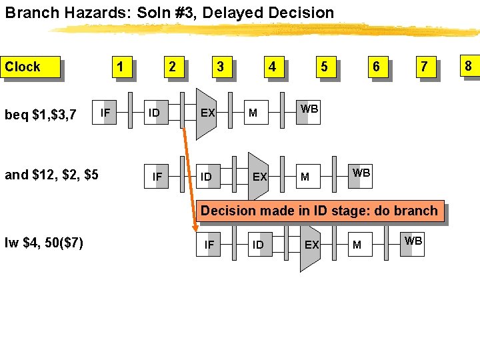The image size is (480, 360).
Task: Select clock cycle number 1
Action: [x=120, y=67]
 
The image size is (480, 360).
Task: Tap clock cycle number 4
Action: [x=272, y=67]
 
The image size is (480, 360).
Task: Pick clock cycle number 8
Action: [x=468, y=66]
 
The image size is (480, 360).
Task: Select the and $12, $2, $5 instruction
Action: [x=51, y=175]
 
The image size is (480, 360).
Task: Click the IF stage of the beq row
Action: [x=105, y=113]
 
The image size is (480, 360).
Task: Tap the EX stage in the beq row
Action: [x=207, y=113]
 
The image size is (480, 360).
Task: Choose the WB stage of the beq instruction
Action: [x=309, y=109]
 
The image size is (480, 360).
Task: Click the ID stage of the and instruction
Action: [x=207, y=177]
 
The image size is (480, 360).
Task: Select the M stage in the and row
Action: [x=305, y=177]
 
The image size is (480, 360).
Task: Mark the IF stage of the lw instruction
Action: [x=209, y=245]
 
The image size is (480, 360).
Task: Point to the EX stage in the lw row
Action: [x=311, y=245]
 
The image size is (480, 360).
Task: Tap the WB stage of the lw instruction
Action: [x=413, y=241]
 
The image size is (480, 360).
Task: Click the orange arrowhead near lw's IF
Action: [x=196, y=233]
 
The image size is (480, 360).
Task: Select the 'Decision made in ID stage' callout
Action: [x=319, y=211]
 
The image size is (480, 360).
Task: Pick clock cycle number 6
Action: [x=376, y=67]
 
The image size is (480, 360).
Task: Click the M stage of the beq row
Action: [x=253, y=113]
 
